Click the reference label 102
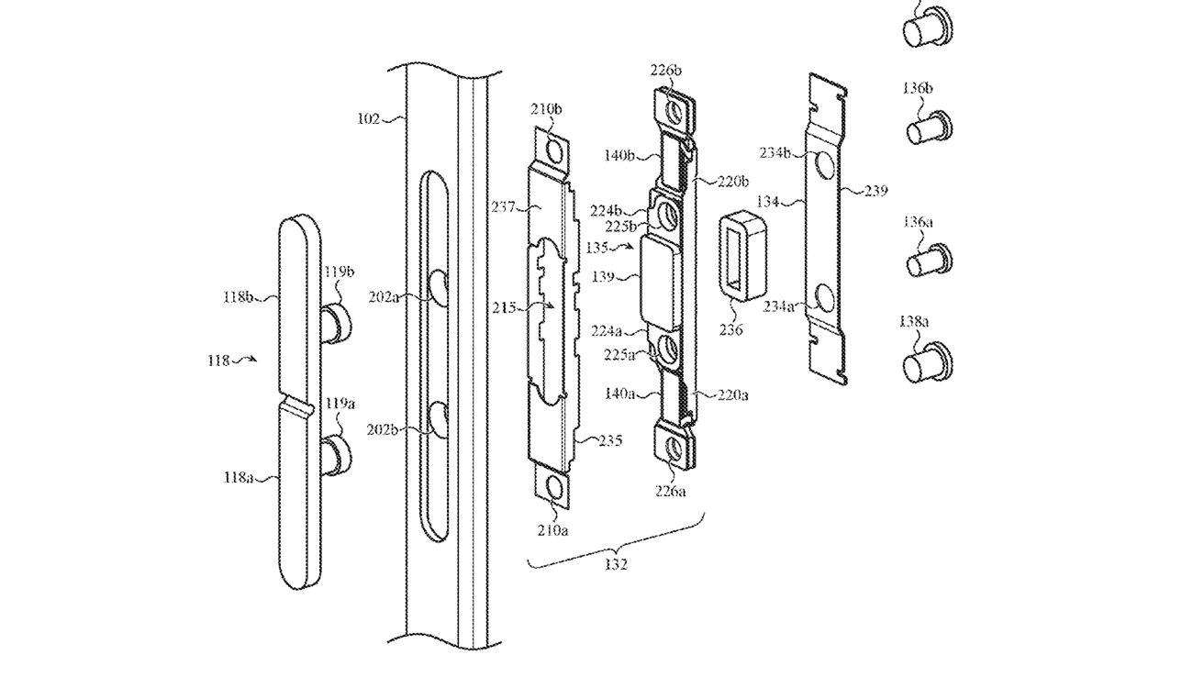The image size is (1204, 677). coord(370,117)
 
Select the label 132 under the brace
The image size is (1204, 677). coord(616,565)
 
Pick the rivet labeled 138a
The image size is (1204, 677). coord(926,365)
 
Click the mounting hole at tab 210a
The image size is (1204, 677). coord(553,489)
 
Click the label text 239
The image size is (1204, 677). coord(876,192)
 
